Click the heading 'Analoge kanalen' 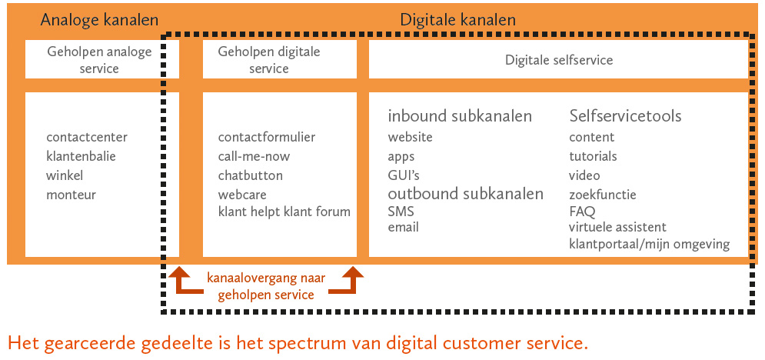(x=99, y=19)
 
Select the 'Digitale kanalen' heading (x=457, y=19)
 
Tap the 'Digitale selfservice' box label (x=559, y=59)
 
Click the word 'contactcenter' (x=87, y=138)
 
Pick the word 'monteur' (x=71, y=195)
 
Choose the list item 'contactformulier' (x=267, y=138)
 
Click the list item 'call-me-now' (x=254, y=157)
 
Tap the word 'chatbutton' (x=250, y=176)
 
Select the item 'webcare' (x=242, y=195)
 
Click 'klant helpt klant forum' (x=284, y=212)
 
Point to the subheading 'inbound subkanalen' (x=460, y=116)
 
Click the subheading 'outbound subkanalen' (x=465, y=193)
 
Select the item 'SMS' (x=400, y=212)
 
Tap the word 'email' (x=404, y=228)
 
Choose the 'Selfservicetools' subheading (x=625, y=116)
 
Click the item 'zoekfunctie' (x=603, y=195)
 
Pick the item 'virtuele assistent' (x=617, y=228)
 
